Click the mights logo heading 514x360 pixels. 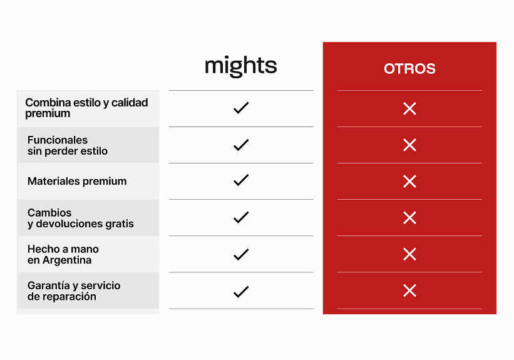240,66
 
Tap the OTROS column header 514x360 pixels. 409,69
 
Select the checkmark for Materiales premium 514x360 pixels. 241,180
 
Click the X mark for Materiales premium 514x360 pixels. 409,182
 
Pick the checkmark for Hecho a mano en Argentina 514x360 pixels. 241,254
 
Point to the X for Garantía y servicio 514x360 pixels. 409,291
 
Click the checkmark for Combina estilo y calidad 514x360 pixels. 241,108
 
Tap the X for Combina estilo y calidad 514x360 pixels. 409,108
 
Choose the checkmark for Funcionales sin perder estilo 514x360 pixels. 241,145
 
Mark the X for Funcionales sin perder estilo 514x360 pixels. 409,145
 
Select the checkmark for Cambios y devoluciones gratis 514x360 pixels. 241,217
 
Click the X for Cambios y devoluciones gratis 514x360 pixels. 409,218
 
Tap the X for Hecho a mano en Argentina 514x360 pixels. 409,254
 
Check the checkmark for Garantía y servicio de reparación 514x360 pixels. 241,292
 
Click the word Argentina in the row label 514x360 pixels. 67,260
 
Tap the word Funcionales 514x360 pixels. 58,140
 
